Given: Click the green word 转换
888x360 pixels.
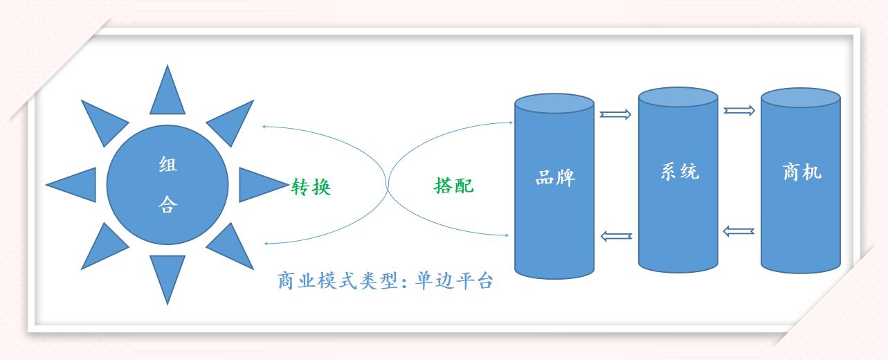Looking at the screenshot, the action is (x=311, y=187).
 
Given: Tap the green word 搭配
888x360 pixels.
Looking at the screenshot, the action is (x=454, y=186).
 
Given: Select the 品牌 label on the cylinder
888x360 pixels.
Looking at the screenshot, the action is (x=555, y=178).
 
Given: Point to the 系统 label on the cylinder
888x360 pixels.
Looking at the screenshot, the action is (x=679, y=171).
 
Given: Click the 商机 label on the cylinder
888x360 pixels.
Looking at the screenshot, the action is (x=801, y=172).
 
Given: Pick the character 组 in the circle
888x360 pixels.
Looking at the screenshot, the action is (x=167, y=165).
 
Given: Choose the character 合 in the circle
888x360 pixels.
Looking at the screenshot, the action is (x=167, y=205).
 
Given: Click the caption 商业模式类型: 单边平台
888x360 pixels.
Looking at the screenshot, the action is (x=385, y=281).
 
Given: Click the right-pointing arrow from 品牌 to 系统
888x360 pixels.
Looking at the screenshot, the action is (x=615, y=114).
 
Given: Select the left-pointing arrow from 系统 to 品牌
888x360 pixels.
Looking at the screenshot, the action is (x=616, y=236).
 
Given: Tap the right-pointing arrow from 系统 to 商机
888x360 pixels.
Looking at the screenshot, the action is (x=739, y=111).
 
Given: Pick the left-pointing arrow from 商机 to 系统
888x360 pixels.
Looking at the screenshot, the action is (x=739, y=231).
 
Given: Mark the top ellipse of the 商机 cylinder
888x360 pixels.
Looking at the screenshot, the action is (x=801, y=98).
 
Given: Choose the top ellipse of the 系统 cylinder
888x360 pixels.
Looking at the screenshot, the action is (x=678, y=97).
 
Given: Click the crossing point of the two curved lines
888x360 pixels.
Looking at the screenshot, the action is (x=388, y=185).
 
